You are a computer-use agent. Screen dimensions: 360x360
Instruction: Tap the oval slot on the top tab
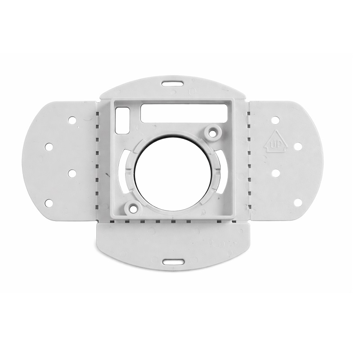tap(173, 84)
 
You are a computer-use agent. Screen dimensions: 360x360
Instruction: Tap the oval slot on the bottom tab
tap(174, 262)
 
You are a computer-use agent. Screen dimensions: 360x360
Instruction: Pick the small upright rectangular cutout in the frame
tap(122, 121)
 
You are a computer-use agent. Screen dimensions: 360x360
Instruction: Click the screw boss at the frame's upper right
tap(213, 132)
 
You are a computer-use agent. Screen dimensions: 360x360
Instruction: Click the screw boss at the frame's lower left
tap(132, 208)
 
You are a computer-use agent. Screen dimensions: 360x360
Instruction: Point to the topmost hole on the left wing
tap(72, 120)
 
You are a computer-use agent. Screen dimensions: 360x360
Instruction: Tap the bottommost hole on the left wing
tap(49, 203)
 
